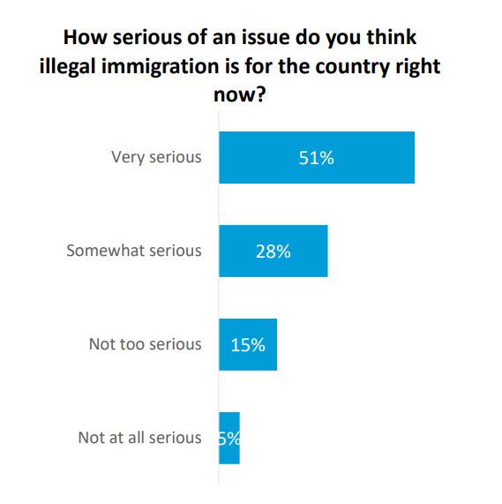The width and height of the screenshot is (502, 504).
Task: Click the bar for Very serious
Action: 316,158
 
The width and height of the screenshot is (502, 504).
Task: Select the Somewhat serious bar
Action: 273,251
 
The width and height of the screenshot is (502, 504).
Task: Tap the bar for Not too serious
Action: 248,344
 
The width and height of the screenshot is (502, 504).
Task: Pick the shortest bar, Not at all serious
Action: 229,438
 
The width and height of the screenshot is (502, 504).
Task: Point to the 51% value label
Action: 317,158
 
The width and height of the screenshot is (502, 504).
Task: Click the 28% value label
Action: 273,251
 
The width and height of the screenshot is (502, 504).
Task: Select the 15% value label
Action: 248,344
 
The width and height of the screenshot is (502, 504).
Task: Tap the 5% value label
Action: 229,438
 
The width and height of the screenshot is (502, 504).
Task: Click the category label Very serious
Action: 156,158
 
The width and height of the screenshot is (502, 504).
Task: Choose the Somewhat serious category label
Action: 134,251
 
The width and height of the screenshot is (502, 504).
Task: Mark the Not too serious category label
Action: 145,344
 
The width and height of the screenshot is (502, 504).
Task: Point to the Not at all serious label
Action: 139,438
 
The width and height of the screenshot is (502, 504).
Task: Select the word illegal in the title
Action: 90,66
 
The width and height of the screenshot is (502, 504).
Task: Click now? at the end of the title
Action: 239,94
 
